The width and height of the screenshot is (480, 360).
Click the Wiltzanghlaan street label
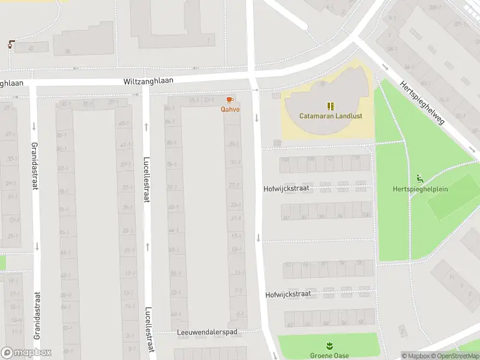pos(148,80)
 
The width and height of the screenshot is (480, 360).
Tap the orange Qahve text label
pos(230,109)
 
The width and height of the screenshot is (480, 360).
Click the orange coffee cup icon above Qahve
pos(229,100)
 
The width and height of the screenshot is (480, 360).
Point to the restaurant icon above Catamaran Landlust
pos(329,106)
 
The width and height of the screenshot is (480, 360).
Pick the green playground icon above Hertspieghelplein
pos(419,179)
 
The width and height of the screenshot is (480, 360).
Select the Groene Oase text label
pos(329,355)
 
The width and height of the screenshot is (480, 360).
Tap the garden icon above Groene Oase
pos(329,346)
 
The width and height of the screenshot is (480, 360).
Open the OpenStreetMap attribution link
pos(454,356)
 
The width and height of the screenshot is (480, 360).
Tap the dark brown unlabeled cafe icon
pos(11,43)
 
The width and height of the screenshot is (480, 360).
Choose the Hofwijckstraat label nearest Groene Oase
pos(288,295)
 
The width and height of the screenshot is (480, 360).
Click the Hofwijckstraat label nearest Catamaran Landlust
pos(286,188)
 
